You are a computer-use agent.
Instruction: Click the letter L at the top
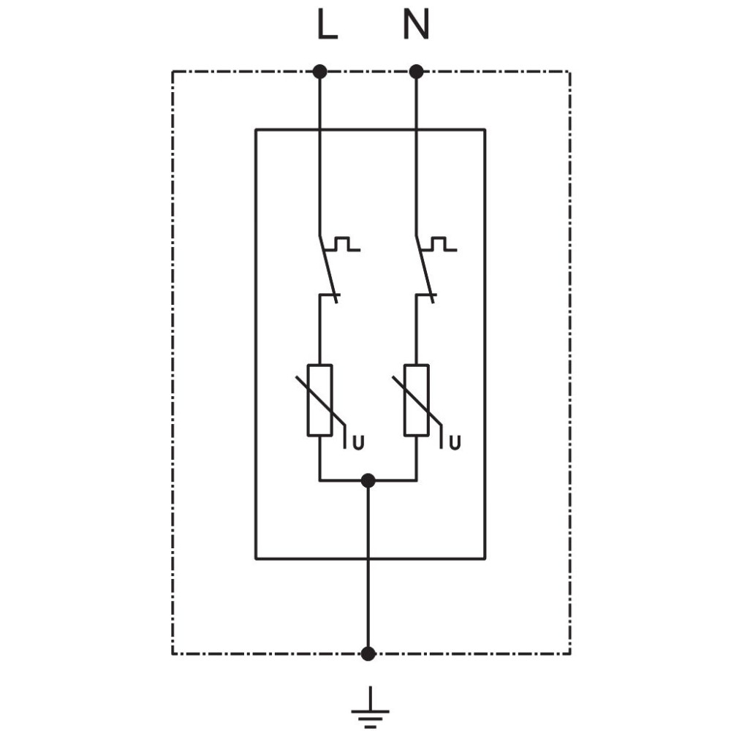tap(327, 24)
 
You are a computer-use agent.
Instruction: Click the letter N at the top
tap(416, 24)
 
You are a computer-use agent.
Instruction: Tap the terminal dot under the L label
tap(320, 72)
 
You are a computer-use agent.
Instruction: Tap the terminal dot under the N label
tap(417, 72)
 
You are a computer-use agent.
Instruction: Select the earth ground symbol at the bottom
tap(370, 707)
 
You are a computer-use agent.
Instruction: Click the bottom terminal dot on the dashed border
tap(368, 654)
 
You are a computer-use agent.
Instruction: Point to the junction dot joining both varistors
tap(368, 481)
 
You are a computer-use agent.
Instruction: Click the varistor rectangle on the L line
tap(320, 401)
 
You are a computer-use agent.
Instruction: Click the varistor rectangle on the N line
tap(417, 401)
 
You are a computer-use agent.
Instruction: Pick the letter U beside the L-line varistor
tap(358, 442)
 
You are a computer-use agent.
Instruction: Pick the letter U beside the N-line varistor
tap(455, 442)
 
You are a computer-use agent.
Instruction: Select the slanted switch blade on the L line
tap(328, 270)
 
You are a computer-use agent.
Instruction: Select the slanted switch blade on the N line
tap(425, 270)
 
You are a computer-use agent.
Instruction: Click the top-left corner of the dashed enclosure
tap(173, 72)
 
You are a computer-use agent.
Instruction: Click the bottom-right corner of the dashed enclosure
tap(570, 654)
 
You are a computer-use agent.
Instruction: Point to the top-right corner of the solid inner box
tap(485, 129)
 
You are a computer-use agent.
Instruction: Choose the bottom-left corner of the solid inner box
tap(255, 558)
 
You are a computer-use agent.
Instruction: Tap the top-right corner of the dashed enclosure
tap(570, 72)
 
